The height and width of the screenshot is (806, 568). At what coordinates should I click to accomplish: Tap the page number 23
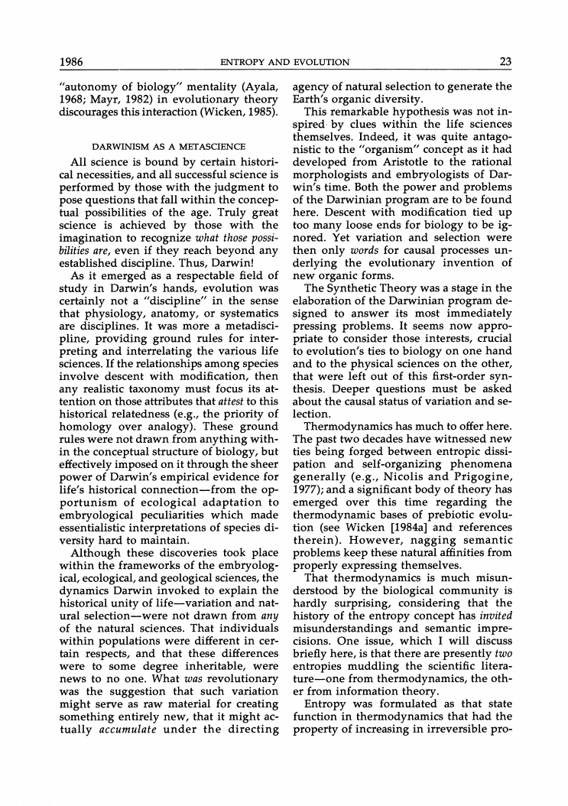[x=505, y=62]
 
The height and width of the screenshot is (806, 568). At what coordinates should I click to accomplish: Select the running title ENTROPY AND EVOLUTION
[x=284, y=62]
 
